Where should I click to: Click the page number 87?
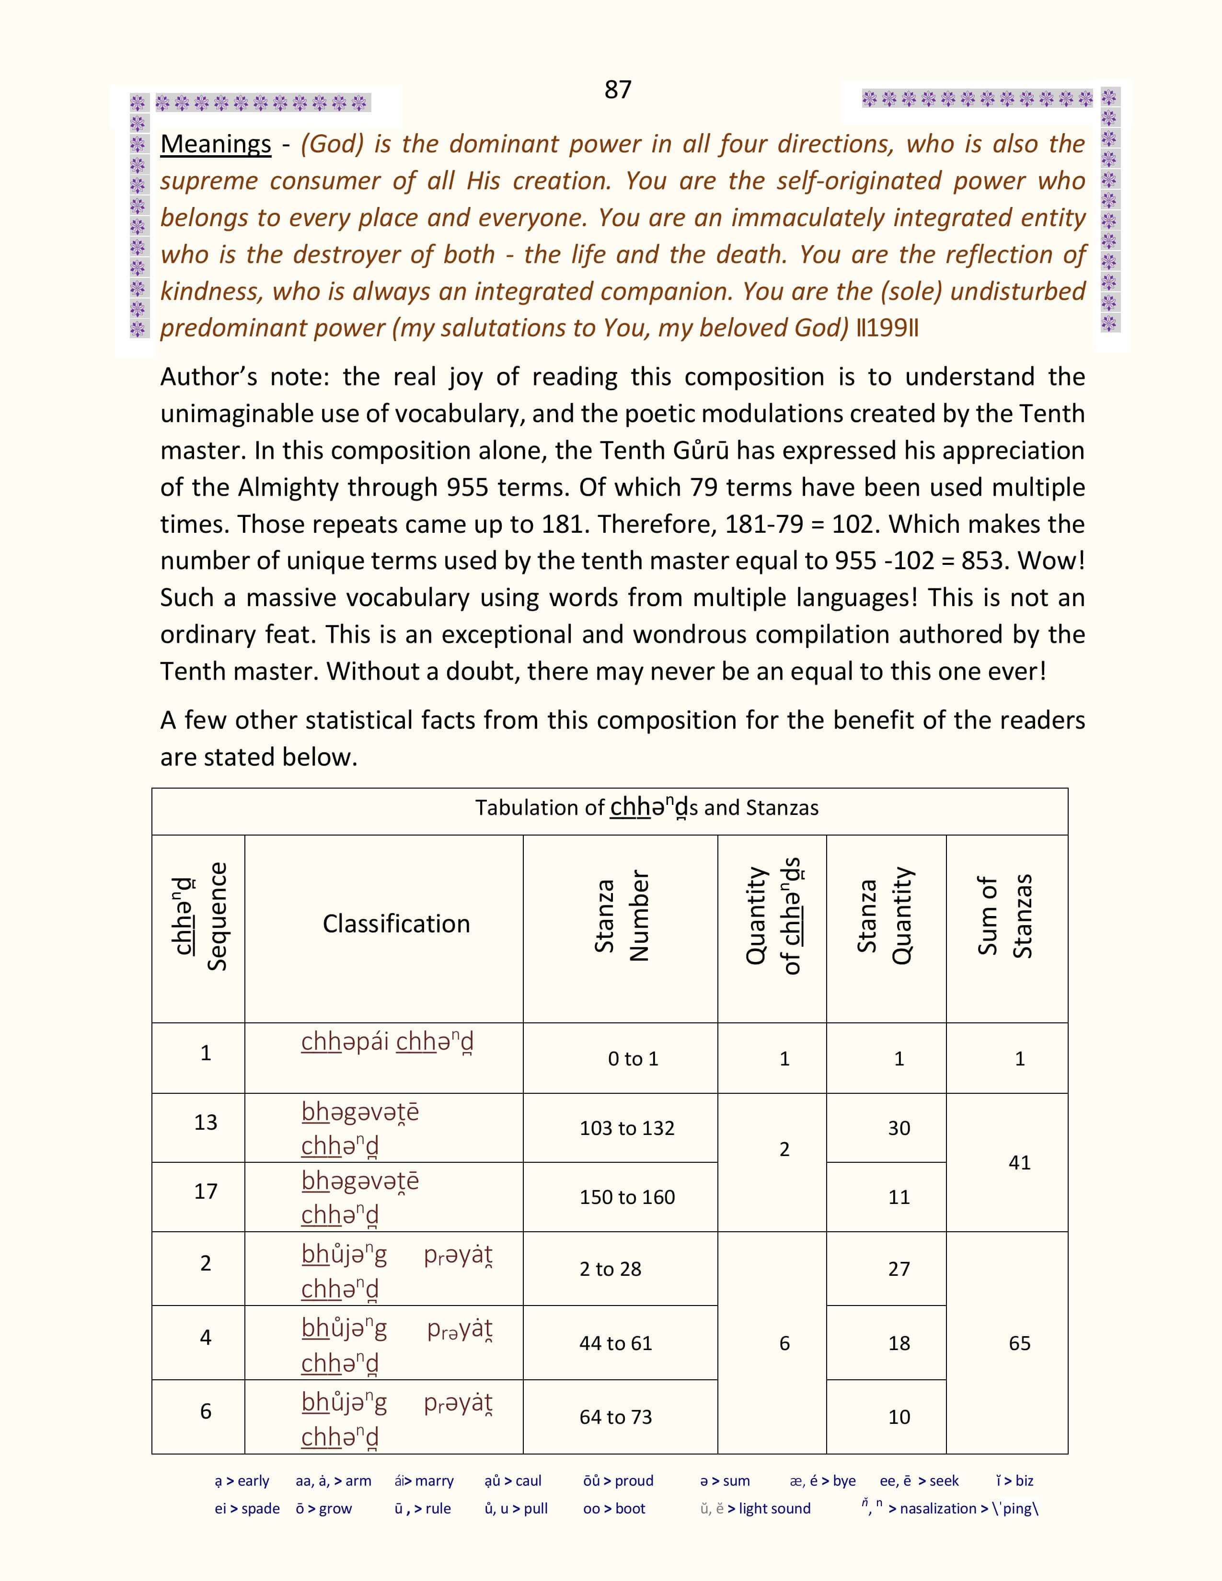coord(618,90)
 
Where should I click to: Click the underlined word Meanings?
coord(215,144)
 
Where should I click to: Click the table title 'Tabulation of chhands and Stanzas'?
coord(646,808)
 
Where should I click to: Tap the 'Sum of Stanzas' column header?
coord(1005,917)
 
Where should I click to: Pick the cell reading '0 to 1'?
coord(633,1059)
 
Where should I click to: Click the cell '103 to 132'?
coord(626,1128)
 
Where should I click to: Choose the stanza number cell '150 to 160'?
coord(626,1197)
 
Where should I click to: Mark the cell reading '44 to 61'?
coord(615,1343)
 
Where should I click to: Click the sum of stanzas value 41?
coord(1019,1163)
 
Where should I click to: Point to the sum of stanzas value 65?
coord(1019,1343)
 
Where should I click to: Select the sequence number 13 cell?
coord(206,1122)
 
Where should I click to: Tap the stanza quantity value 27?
coord(899,1269)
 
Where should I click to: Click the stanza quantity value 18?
coord(899,1343)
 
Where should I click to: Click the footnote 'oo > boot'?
coord(614,1509)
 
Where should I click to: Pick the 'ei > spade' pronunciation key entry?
coord(247,1509)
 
